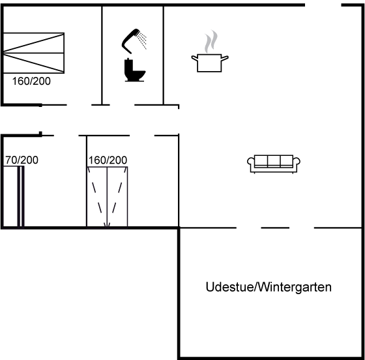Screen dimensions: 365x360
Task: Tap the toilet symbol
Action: pyautogui.click(x=135, y=70)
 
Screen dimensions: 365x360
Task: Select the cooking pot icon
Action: pyautogui.click(x=209, y=63)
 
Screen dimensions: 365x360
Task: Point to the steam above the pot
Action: pyautogui.click(x=211, y=42)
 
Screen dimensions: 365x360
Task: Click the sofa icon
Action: pyautogui.click(x=274, y=164)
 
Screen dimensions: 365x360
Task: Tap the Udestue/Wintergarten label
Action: pyautogui.click(x=269, y=287)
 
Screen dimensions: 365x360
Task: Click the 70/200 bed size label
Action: pyautogui.click(x=22, y=160)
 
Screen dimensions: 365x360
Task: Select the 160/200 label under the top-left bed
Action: pyautogui.click(x=31, y=81)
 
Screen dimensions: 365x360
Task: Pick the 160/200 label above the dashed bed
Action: pyautogui.click(x=108, y=160)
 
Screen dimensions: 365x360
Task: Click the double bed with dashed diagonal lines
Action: pyautogui.click(x=107, y=197)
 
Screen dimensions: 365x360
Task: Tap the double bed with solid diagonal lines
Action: pyautogui.click(x=34, y=53)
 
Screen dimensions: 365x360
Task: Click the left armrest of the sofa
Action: pyautogui.click(x=251, y=162)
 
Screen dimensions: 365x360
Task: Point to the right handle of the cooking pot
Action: pyautogui.click(x=225, y=58)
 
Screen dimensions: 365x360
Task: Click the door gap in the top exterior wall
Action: pyautogui.click(x=323, y=5)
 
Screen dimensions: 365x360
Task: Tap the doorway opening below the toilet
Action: pyautogui.click(x=122, y=105)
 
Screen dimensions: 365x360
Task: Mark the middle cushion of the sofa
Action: pyautogui.click(x=274, y=160)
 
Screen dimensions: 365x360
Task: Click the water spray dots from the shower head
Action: pyautogui.click(x=142, y=40)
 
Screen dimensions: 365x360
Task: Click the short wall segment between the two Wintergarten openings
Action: pyautogui.click(x=275, y=228)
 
